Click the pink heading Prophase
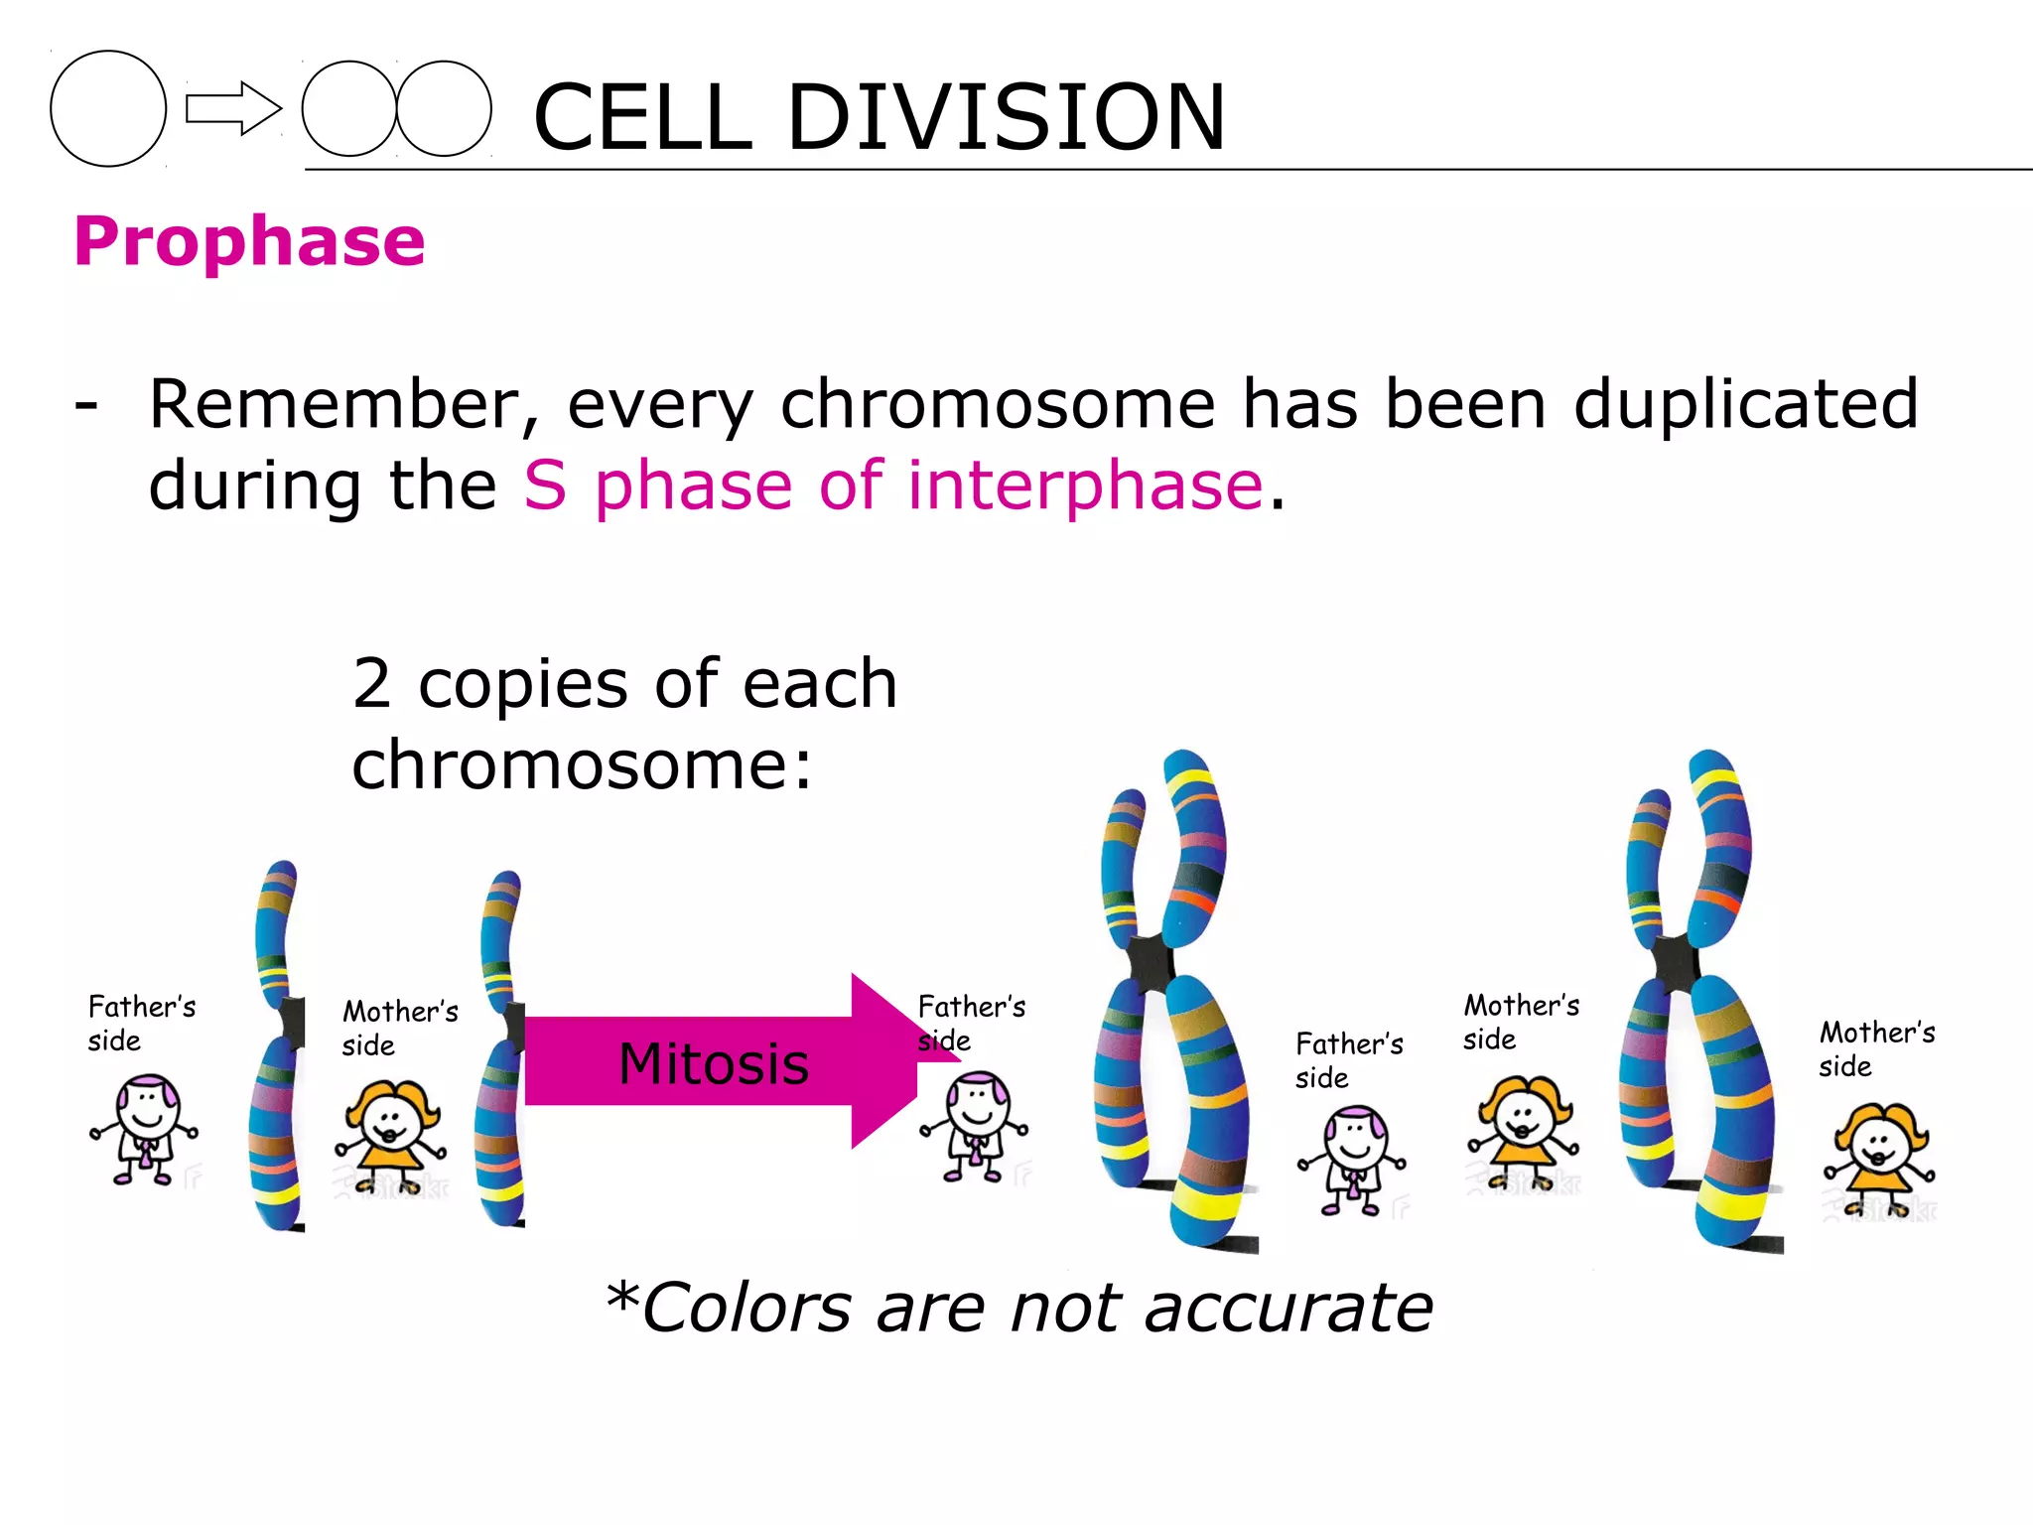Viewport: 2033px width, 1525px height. [x=249, y=241]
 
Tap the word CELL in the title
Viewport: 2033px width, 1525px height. [x=642, y=117]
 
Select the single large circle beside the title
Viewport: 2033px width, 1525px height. [x=108, y=108]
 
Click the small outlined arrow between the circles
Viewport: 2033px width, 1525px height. [x=232, y=108]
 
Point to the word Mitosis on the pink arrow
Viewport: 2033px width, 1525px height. [x=713, y=1063]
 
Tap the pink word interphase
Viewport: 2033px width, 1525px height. [x=1085, y=486]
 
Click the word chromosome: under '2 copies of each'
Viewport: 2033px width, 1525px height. [x=582, y=765]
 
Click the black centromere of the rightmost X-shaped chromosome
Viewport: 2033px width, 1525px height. [x=1677, y=961]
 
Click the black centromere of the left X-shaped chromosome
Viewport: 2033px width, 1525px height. [x=1152, y=961]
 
